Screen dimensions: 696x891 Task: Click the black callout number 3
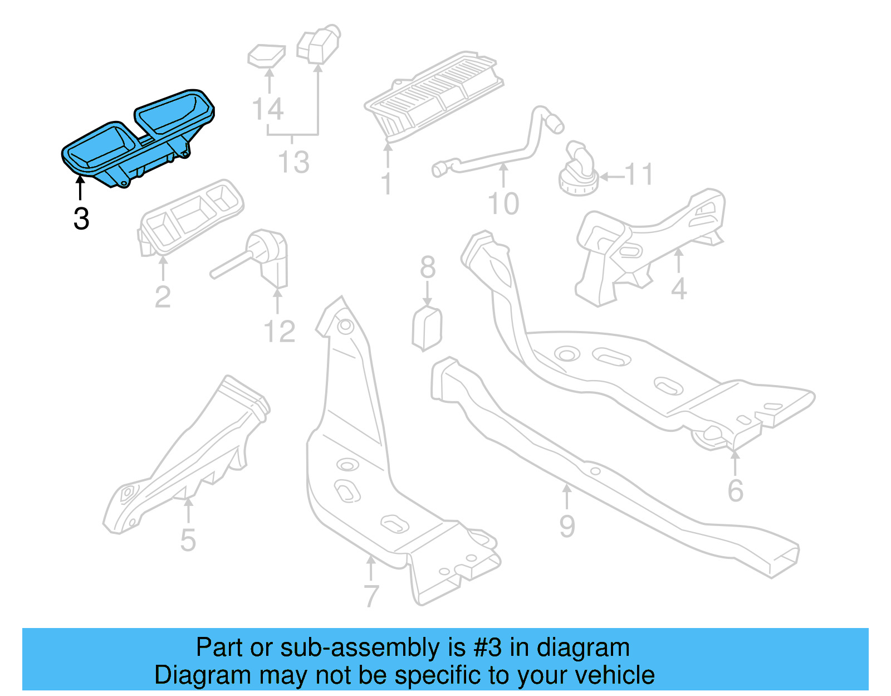click(81, 218)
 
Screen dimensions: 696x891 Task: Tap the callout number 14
click(268, 109)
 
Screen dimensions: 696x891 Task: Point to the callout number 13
click(293, 162)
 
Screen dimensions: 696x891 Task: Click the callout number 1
click(386, 184)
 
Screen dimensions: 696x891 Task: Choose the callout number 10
click(503, 203)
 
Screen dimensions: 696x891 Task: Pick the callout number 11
click(638, 175)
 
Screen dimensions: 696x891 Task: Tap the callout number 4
click(679, 289)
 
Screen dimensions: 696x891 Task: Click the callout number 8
click(428, 267)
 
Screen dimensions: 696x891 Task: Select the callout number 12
click(279, 332)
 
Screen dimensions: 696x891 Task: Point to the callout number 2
click(163, 296)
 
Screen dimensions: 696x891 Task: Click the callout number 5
click(188, 540)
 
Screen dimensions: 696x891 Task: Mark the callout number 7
click(371, 596)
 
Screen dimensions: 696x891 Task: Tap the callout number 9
click(567, 526)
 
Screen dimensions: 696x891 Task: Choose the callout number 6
click(736, 490)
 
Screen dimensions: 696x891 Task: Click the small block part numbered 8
click(427, 329)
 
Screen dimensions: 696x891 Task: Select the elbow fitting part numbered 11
click(579, 170)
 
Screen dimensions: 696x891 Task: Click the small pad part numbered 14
click(266, 55)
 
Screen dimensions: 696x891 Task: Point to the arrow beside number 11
click(611, 177)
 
